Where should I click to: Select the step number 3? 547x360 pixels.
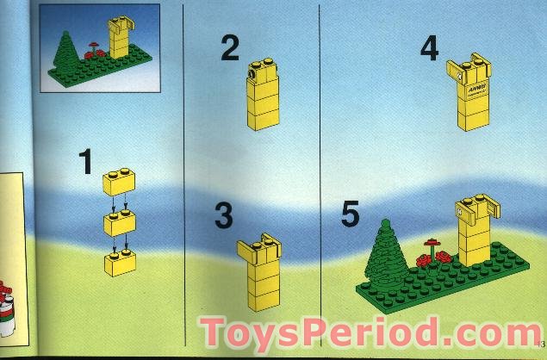click(224, 215)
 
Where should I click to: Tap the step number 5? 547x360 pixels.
click(350, 213)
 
